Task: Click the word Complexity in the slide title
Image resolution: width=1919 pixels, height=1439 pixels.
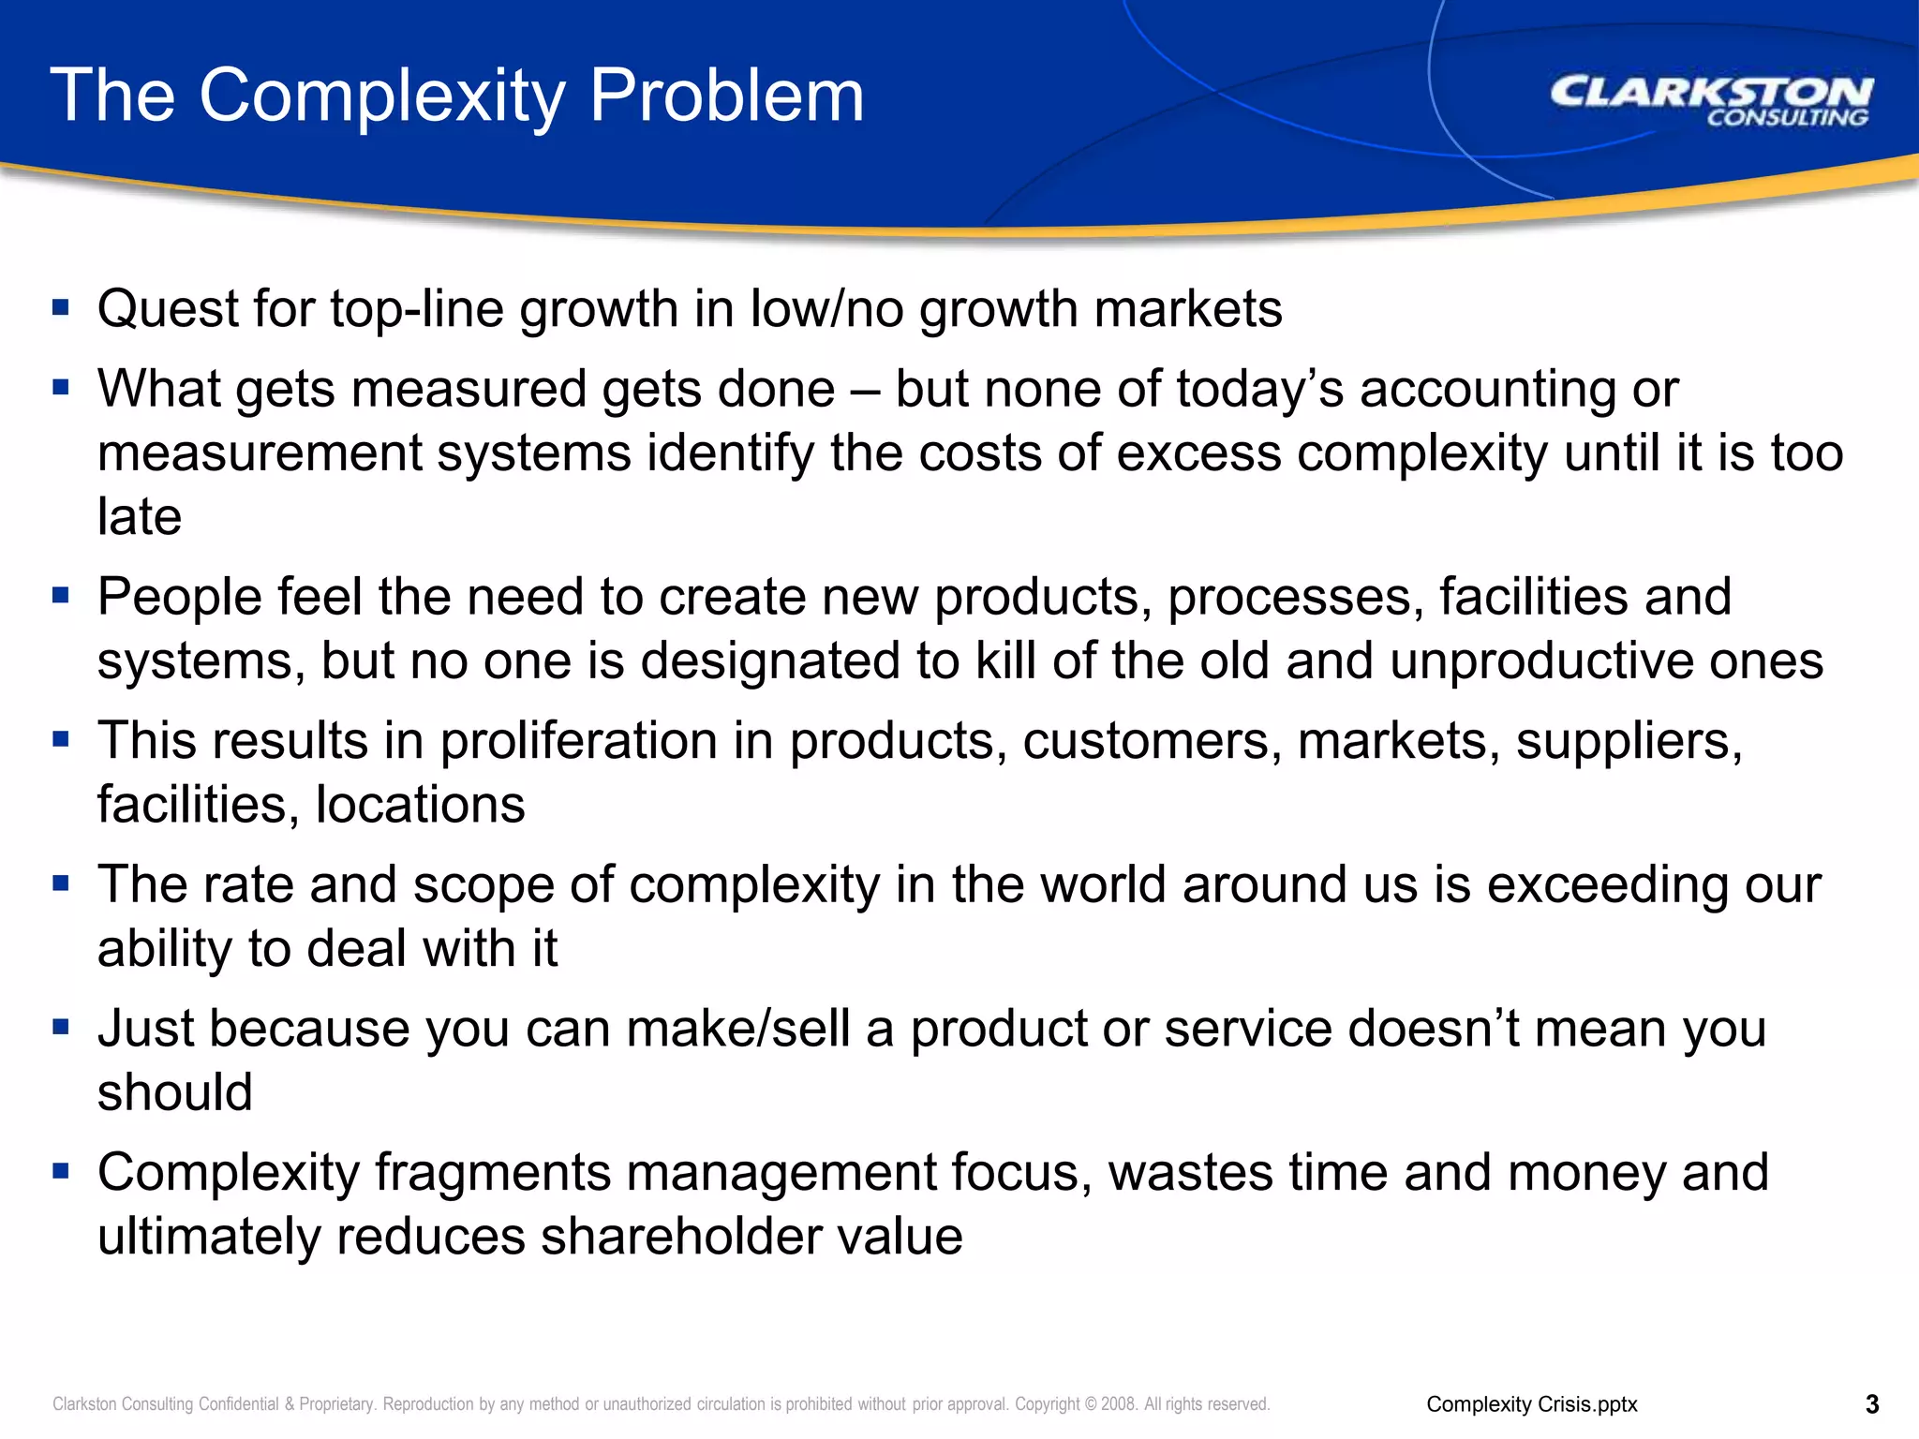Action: click(x=382, y=96)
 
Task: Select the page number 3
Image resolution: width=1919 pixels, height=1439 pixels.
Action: click(x=1872, y=1403)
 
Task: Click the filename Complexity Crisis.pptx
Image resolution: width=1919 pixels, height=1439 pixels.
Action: click(x=1532, y=1403)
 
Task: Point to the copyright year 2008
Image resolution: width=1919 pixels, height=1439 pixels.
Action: click(x=1119, y=1403)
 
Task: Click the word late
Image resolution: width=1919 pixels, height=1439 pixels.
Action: click(x=140, y=517)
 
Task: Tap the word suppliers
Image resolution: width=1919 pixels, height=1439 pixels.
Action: click(x=1629, y=741)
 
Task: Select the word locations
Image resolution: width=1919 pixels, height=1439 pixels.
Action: click(x=420, y=805)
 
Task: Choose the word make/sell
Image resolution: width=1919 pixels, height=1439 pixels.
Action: click(x=737, y=1029)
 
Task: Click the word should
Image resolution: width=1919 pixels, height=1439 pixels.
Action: click(x=175, y=1092)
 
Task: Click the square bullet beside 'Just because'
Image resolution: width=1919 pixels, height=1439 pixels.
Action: click(x=62, y=1027)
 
